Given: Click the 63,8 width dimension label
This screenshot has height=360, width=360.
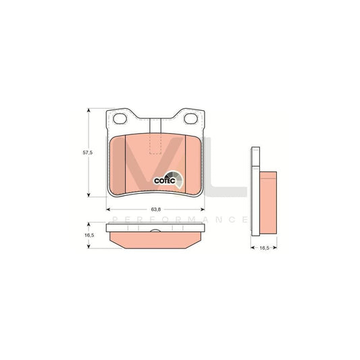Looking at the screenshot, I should [x=155, y=209].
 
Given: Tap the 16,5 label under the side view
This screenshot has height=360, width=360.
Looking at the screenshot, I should [x=265, y=249].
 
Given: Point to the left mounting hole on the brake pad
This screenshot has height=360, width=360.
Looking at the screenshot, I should [x=122, y=120].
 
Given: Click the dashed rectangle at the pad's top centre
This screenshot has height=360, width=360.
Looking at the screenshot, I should [x=155, y=143].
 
